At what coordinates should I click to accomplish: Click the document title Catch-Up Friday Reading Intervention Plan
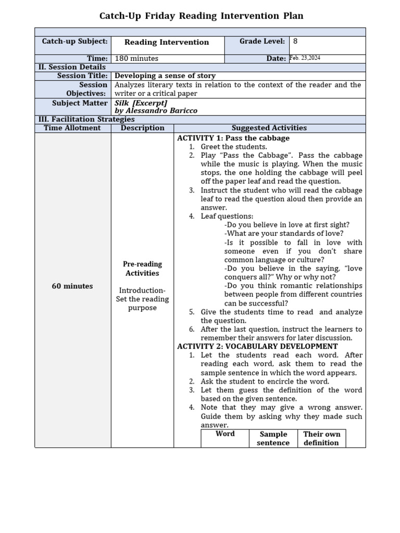point(200,16)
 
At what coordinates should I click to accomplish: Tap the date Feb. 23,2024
point(305,58)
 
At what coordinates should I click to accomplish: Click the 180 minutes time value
point(136,58)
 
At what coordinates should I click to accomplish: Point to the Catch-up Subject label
point(75,41)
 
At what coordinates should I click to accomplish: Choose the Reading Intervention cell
point(167,42)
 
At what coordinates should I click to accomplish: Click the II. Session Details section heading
point(72,67)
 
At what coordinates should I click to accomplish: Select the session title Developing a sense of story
point(165,76)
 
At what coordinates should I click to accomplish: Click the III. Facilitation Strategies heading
point(86,119)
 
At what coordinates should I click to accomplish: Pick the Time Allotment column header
point(72,128)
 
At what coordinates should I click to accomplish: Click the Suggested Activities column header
point(269,128)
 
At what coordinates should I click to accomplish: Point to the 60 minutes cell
point(72,286)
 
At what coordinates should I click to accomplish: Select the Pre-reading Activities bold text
point(142,269)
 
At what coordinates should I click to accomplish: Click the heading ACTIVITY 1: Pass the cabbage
point(233,138)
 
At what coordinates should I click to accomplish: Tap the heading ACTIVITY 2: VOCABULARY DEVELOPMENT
point(257,346)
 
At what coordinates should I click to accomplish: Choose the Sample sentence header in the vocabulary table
point(273,438)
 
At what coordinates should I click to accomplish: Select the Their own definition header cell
point(321,438)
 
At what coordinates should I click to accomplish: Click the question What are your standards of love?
point(283,234)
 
